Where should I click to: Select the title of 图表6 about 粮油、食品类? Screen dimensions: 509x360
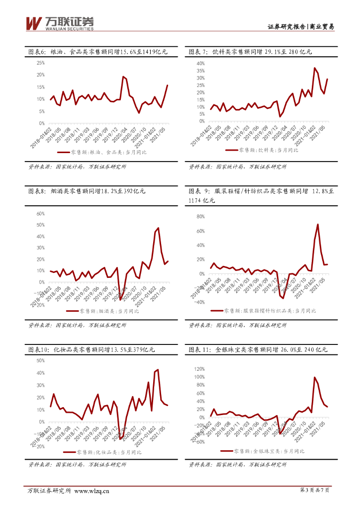98,52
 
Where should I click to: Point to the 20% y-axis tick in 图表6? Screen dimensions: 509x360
41,75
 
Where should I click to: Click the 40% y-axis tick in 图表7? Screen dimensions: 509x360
200,64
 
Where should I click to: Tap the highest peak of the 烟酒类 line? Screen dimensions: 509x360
158,228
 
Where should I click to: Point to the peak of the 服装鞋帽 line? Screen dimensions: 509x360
318,225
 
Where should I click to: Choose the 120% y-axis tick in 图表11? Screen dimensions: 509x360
199,369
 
